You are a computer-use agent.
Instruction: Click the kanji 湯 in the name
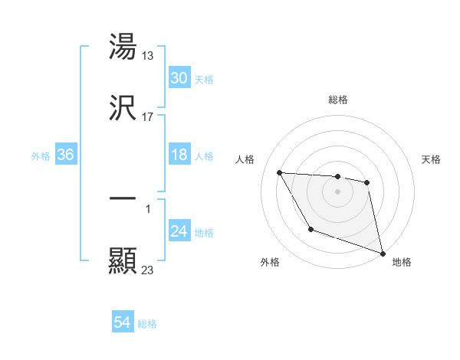[123, 47]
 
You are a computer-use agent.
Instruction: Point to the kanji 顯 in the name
[123, 260]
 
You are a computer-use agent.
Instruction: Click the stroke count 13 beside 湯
[148, 55]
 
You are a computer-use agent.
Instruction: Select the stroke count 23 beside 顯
[148, 270]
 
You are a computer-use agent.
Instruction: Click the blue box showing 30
[179, 78]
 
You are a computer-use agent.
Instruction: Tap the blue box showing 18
[179, 155]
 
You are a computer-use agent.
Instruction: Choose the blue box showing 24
[179, 232]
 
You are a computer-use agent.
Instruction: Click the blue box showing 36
[66, 155]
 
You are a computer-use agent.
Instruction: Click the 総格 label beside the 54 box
[147, 324]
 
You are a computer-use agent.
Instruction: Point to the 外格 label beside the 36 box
[41, 156]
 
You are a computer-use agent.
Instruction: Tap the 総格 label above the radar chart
[338, 100]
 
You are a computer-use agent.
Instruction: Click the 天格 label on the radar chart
[432, 159]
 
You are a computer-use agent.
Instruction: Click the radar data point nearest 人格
[280, 172]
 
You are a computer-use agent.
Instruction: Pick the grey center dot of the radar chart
[338, 191]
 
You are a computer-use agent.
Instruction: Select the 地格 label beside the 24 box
[204, 233]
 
